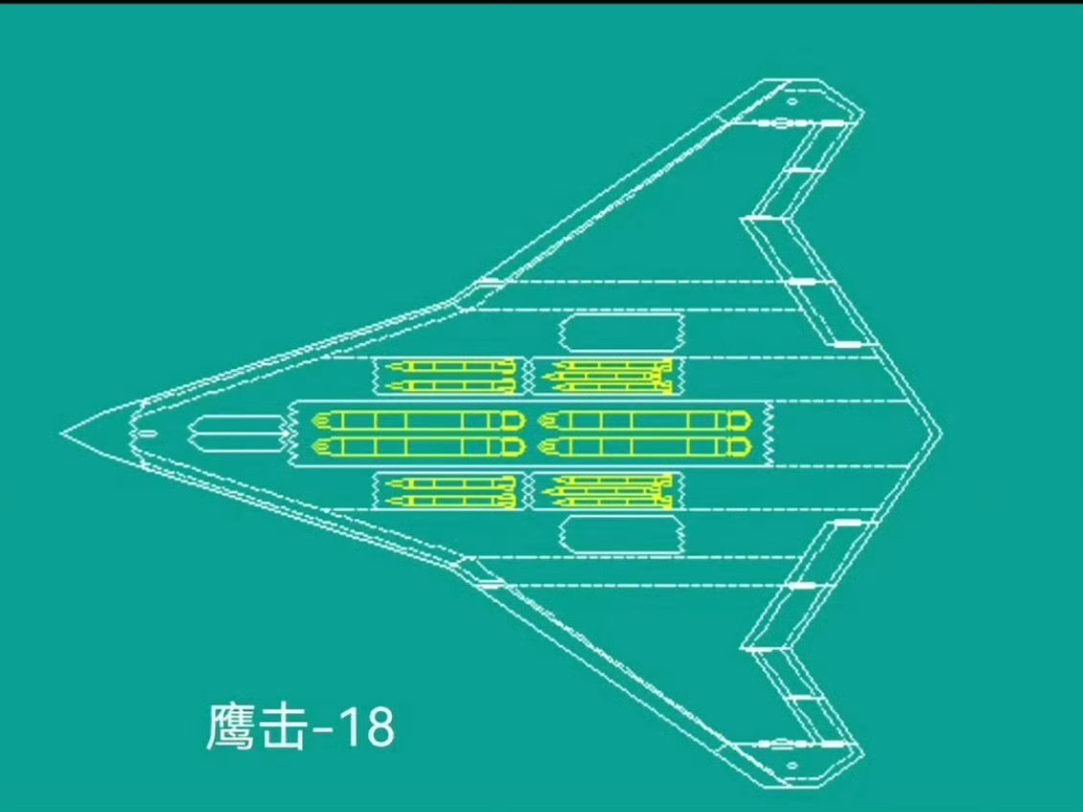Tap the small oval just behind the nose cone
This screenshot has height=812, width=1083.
click(147, 434)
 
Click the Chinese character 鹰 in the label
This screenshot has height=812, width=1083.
click(231, 728)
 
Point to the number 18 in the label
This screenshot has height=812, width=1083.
click(367, 728)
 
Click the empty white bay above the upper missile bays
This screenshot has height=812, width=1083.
click(620, 333)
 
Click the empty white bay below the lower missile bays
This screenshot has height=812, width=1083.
click(620, 533)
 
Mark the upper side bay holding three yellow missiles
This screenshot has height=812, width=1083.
click(607, 376)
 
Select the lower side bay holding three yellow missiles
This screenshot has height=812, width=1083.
click(607, 491)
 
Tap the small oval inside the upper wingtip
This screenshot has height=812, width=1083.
click(793, 101)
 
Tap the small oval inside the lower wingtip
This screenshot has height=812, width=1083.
click(793, 765)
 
